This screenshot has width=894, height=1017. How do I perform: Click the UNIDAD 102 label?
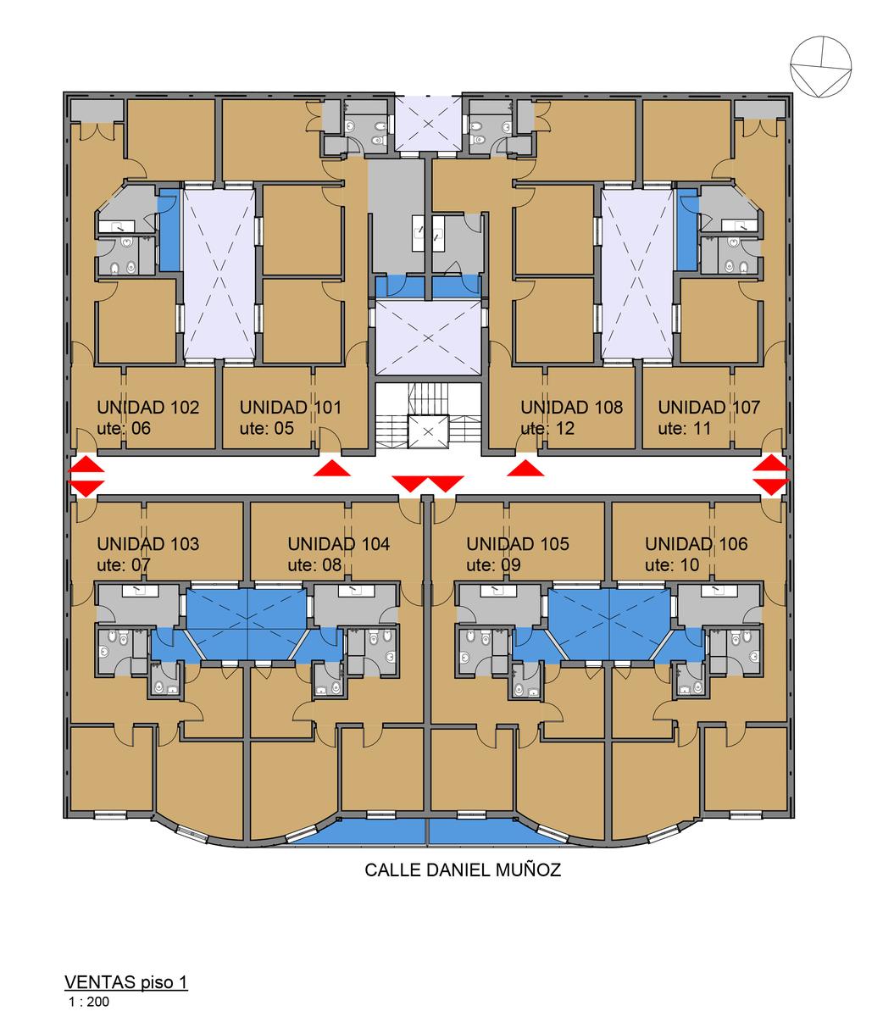click(x=148, y=407)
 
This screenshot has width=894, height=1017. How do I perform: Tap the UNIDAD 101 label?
click(x=291, y=407)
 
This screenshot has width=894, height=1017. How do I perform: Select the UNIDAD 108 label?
click(x=572, y=407)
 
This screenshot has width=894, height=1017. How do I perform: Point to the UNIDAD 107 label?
click(x=709, y=407)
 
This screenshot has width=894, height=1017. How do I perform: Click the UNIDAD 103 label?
click(x=148, y=543)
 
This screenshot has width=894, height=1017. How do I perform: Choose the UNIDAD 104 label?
click(x=339, y=543)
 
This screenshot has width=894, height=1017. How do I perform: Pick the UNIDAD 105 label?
click(x=518, y=543)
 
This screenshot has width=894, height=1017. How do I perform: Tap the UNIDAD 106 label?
click(x=697, y=543)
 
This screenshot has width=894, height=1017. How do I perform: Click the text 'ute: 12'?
click(x=547, y=429)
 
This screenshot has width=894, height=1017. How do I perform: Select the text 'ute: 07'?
click(x=124, y=565)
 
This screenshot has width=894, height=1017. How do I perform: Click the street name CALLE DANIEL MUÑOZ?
click(x=463, y=870)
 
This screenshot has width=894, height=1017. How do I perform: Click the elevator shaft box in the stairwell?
click(x=428, y=431)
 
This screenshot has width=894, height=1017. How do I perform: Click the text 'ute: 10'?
click(x=672, y=565)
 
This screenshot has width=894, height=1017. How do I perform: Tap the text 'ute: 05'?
click(x=267, y=429)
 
